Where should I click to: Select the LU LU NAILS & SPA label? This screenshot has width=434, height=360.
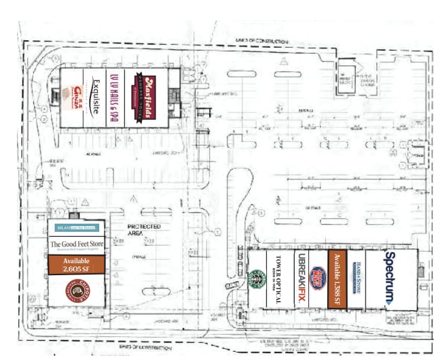click(114, 98)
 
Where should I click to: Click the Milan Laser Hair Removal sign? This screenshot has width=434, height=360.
click(75, 227)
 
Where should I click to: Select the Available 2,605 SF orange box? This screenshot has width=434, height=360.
click(75, 265)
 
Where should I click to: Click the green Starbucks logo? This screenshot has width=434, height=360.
click(257, 280)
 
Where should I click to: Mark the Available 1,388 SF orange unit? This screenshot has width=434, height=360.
click(337, 279)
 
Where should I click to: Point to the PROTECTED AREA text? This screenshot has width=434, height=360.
click(144, 229)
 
